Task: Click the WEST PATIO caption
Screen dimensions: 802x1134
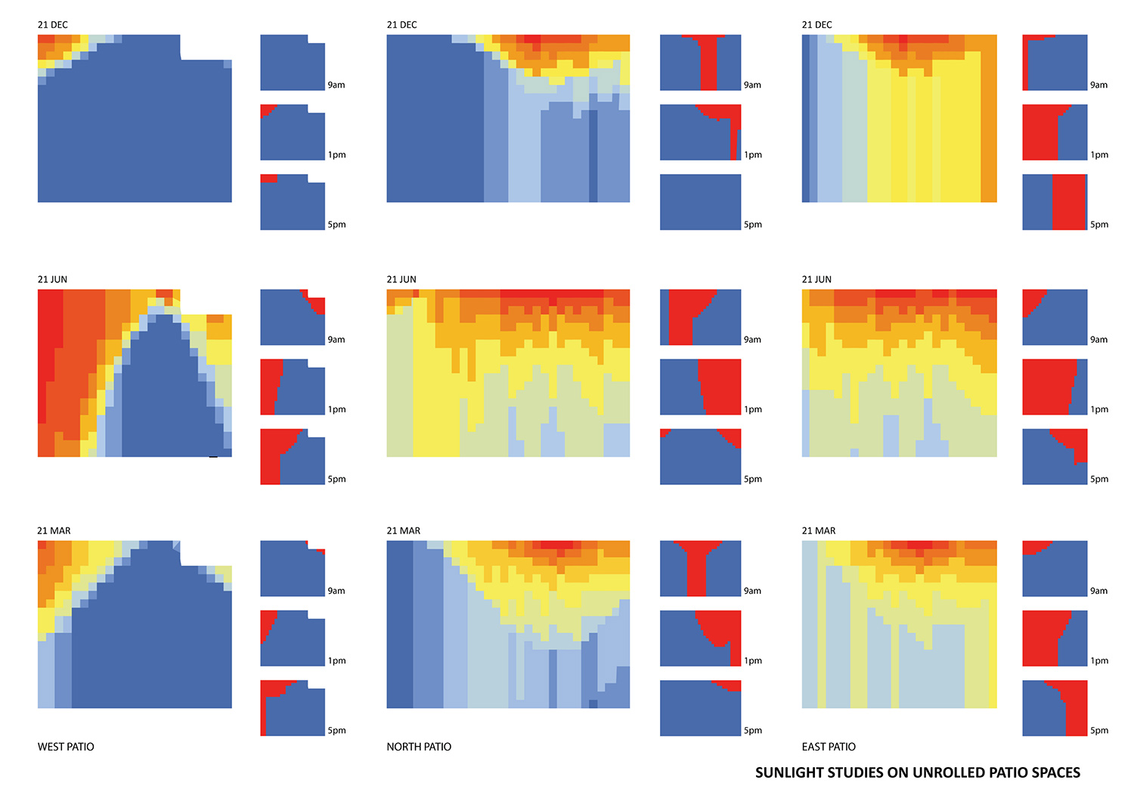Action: point(66,747)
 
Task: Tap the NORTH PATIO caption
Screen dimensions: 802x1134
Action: point(419,747)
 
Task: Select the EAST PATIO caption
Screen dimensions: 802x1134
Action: point(829,747)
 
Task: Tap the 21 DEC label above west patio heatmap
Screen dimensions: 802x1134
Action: point(53,25)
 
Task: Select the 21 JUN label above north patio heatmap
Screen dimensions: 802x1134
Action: point(401,279)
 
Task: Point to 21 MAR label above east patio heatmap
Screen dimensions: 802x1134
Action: point(819,530)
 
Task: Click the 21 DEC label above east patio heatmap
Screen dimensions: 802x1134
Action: point(817,25)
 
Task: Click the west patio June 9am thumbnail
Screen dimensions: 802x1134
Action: point(293,317)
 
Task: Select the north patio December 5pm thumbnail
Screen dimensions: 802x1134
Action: point(700,202)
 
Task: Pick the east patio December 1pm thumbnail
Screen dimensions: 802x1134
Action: point(1055,132)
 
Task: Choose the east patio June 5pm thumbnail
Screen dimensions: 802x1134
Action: point(1055,456)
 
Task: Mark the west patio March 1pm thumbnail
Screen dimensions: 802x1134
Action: point(293,638)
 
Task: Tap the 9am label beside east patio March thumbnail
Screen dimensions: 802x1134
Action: point(1098,591)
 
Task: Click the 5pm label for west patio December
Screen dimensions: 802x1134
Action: point(336,225)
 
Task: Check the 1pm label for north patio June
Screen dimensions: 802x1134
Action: point(753,409)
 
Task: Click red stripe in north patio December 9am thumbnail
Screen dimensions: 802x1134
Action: point(708,64)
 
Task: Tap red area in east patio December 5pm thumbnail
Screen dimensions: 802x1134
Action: point(1068,202)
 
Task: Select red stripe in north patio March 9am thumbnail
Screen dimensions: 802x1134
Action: point(696,571)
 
